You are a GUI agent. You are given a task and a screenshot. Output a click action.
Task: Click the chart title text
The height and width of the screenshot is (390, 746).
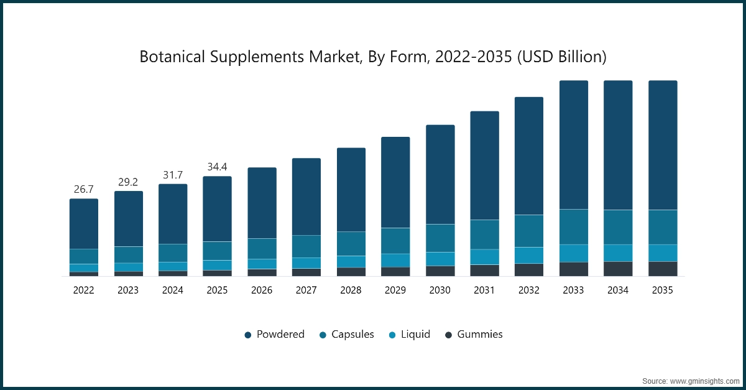coord(372,57)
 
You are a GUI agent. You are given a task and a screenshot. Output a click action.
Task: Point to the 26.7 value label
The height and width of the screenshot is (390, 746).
coord(83,189)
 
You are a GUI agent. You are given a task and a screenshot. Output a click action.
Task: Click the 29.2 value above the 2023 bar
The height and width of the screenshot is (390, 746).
coord(128,182)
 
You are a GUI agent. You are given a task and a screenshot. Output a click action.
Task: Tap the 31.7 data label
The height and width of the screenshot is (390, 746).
coord(173,174)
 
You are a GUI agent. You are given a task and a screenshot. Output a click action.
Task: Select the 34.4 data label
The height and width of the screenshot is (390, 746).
coord(217,167)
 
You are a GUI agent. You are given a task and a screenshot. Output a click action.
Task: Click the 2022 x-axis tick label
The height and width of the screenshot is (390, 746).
coord(83,290)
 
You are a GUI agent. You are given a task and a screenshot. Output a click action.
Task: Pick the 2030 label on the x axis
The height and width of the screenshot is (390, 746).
coord(440,290)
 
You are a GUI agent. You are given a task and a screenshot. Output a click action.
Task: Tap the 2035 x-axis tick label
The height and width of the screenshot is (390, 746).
coord(663,290)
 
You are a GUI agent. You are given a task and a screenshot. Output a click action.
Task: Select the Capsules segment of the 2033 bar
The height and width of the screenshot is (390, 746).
coord(574,226)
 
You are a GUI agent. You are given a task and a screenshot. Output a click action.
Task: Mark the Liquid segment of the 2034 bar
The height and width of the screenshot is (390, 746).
coord(618,253)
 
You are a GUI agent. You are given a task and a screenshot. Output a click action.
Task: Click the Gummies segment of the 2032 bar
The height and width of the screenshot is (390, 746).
coord(529,269)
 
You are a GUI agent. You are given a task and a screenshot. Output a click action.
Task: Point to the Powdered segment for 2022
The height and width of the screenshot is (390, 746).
coord(83,224)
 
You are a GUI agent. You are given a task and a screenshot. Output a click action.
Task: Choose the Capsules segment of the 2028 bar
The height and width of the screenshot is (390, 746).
coord(351,244)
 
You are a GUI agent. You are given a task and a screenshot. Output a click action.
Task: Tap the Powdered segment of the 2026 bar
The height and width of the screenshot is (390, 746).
coord(262,203)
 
